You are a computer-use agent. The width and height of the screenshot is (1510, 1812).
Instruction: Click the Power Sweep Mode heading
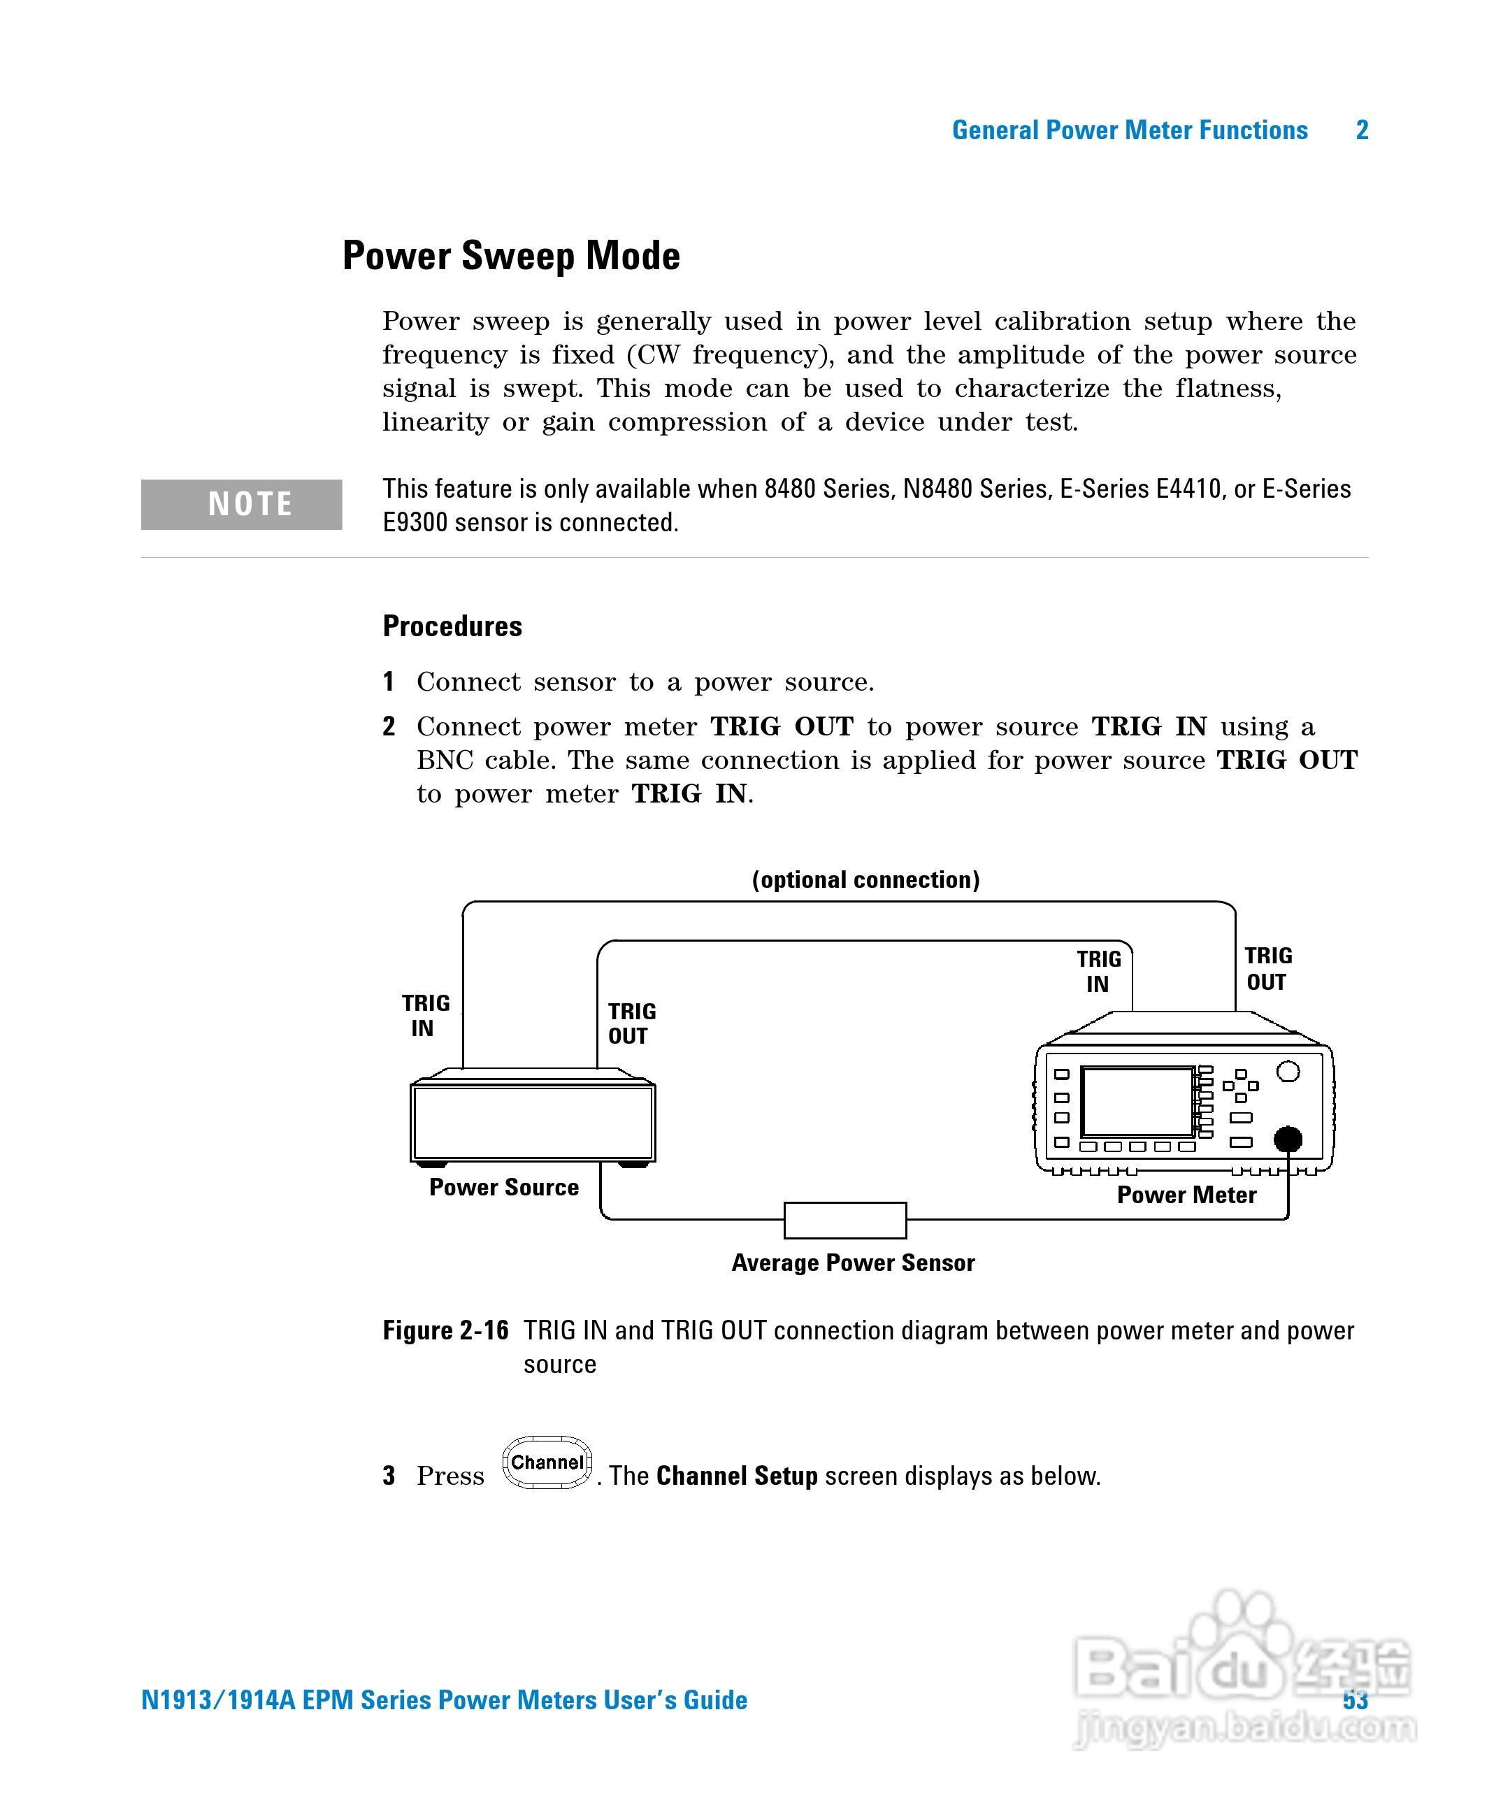point(511,257)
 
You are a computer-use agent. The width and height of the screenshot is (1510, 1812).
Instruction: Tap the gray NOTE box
point(242,504)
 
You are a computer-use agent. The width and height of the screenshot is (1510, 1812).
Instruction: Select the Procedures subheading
point(452,626)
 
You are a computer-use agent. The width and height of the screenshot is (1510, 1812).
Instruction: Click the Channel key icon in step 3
point(547,1462)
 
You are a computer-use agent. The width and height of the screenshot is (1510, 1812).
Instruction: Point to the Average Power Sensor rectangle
point(844,1219)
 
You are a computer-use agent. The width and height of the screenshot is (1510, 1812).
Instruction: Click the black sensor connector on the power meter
point(1288,1139)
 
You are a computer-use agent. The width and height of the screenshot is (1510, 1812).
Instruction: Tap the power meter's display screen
point(1137,1102)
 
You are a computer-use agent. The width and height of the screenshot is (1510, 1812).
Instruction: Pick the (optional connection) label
point(865,879)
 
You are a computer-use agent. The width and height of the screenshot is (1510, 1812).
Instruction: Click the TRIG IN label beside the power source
point(424,1016)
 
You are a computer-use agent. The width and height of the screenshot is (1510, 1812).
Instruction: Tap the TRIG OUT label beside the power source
point(631,1023)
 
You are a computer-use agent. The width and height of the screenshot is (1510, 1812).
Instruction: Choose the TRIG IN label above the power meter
point(1098,972)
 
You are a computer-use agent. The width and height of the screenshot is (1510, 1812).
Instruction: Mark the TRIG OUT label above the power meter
point(1267,969)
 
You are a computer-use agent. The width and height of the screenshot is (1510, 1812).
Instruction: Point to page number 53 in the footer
point(1355,1700)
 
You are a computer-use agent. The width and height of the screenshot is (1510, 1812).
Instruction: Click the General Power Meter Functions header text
point(1130,130)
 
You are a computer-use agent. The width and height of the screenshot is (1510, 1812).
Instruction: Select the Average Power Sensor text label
point(852,1263)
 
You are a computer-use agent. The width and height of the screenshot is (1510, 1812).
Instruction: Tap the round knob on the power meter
point(1288,1072)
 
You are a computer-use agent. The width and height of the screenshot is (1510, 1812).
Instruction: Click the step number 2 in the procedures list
point(389,726)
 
